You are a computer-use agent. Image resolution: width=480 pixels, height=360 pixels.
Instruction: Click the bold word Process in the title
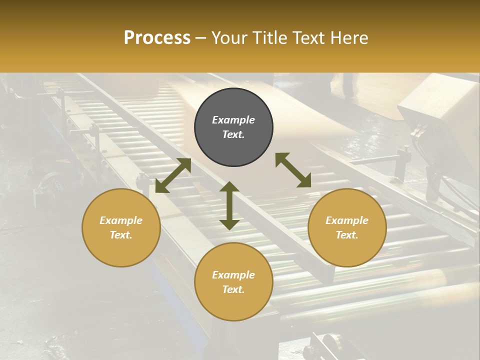click(x=157, y=38)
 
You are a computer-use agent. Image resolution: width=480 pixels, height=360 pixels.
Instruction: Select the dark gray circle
click(x=233, y=127)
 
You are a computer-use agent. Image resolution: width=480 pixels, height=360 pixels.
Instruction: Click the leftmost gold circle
click(x=121, y=227)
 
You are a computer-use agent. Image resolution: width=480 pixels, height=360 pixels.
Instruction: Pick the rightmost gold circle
click(x=347, y=227)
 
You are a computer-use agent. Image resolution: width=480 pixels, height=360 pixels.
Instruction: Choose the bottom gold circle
click(x=233, y=282)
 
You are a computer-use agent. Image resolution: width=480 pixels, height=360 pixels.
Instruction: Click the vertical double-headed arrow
click(x=229, y=205)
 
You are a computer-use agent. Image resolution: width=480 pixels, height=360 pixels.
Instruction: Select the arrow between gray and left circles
click(x=173, y=175)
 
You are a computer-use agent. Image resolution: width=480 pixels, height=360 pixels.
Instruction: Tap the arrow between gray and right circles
click(x=293, y=170)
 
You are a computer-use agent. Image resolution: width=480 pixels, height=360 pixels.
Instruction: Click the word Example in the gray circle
click(x=233, y=120)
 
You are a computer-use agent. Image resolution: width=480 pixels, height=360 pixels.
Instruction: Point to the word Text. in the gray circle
click(x=233, y=134)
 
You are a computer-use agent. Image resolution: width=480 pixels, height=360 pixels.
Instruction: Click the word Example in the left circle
click(x=121, y=220)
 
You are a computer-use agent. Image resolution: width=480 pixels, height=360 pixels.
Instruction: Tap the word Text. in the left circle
click(x=121, y=235)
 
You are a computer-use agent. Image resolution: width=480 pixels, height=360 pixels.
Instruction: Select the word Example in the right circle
click(x=347, y=220)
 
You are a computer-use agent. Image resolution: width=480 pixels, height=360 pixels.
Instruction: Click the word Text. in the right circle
click(x=347, y=235)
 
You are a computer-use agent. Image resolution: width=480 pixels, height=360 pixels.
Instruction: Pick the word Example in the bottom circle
click(x=233, y=275)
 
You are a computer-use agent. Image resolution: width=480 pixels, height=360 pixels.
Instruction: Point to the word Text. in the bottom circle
click(x=233, y=289)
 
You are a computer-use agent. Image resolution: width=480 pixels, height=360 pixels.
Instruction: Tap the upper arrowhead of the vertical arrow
click(x=229, y=186)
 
